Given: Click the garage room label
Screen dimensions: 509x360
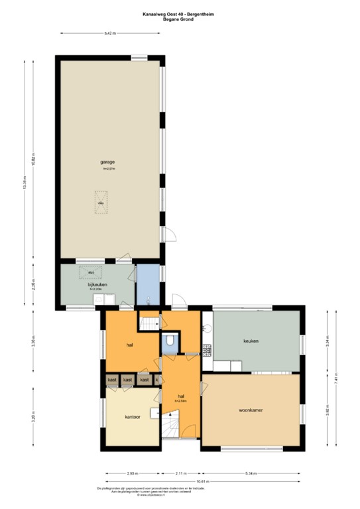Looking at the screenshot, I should pos(108,162).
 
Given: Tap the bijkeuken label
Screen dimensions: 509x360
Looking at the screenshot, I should pos(97,285).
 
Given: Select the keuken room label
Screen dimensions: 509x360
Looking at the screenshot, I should pos(251,341).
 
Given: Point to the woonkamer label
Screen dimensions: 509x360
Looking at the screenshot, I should pos(251,410).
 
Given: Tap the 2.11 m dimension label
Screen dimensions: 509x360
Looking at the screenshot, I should pos(180,473).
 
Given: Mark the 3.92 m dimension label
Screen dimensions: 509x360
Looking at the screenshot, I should pos(328,409).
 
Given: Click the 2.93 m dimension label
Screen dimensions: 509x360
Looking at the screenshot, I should pos(132,473).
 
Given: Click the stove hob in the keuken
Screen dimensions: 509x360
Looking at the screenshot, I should pos(206,351).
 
